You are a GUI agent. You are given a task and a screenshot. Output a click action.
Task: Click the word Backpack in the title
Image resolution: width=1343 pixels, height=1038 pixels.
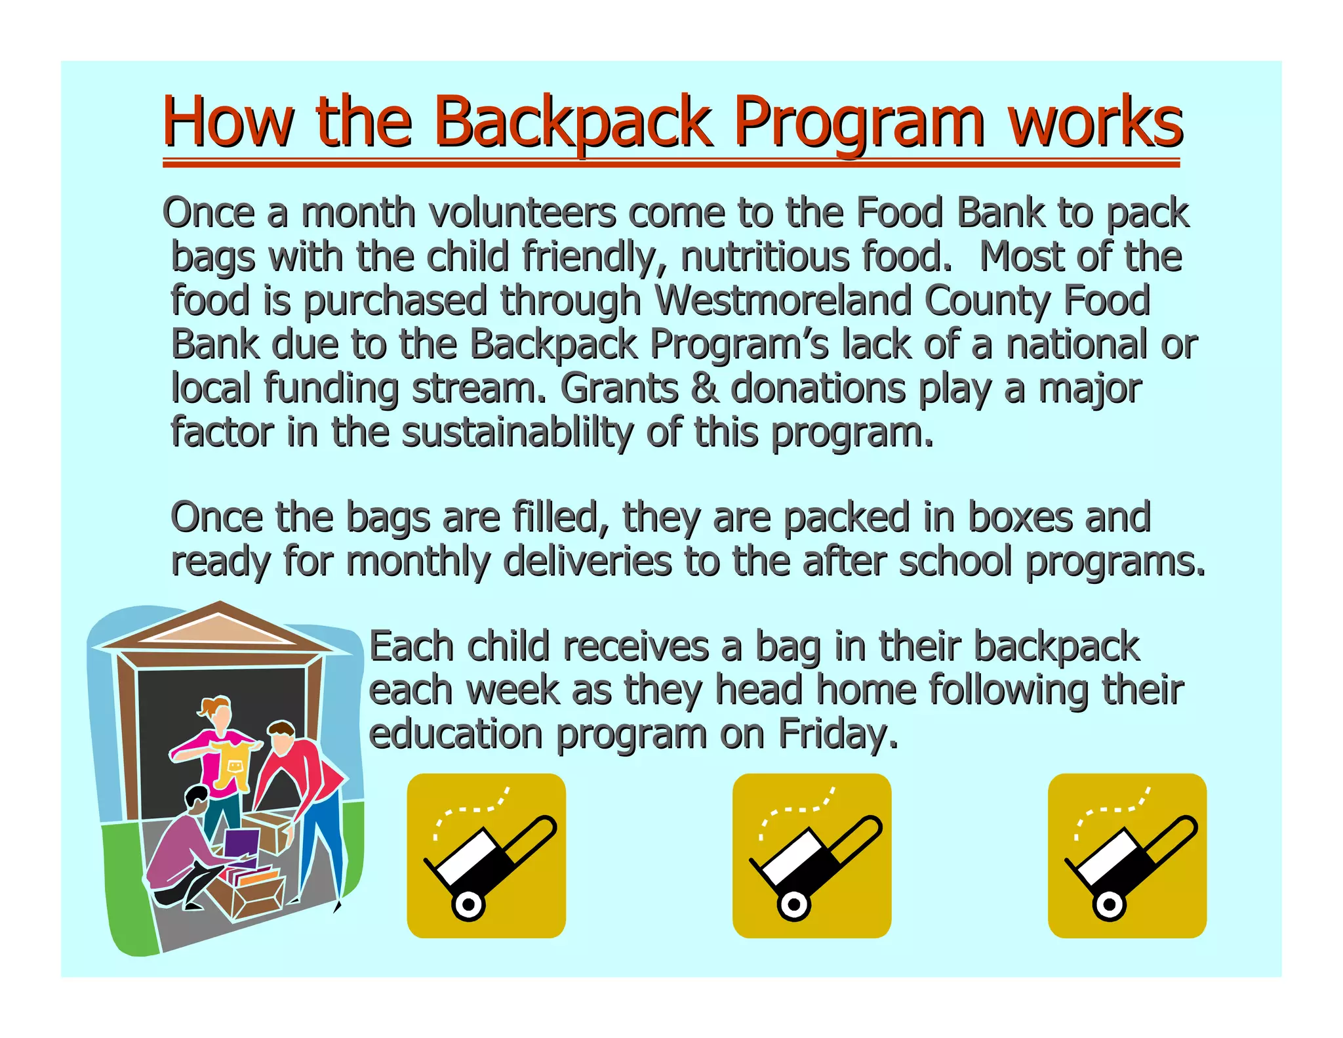point(572,122)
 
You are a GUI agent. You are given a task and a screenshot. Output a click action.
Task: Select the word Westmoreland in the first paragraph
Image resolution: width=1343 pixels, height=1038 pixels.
point(784,301)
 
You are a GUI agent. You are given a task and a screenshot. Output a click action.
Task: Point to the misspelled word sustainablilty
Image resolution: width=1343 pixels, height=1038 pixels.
point(517,433)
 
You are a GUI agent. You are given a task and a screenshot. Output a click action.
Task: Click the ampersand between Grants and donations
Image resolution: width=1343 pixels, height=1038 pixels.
point(704,388)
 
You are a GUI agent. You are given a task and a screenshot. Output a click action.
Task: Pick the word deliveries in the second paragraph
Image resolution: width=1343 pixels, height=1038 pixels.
point(588,562)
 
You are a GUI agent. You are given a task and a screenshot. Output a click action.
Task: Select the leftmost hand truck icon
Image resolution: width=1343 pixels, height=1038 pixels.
point(486,856)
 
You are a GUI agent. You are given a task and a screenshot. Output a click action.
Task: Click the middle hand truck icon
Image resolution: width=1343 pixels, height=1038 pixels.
point(811,856)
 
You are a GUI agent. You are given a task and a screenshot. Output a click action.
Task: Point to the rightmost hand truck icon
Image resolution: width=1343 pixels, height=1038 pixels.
point(1127,856)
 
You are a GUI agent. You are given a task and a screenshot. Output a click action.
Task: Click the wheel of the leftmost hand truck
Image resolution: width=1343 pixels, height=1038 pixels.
point(468,905)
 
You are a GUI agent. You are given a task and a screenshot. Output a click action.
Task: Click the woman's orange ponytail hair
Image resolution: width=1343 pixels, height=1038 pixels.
point(210,707)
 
